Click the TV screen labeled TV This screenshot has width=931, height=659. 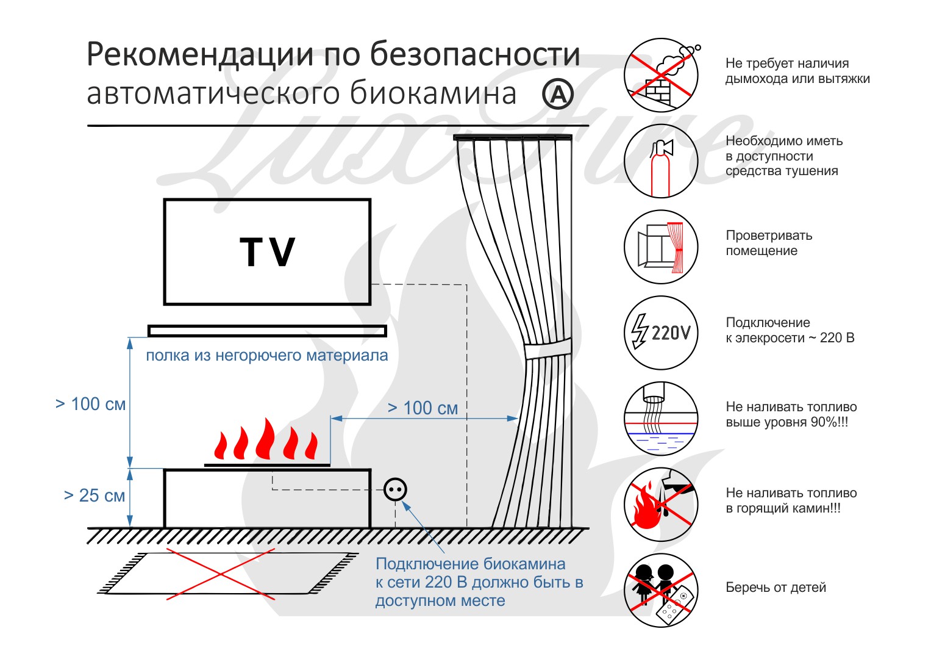[x=267, y=251]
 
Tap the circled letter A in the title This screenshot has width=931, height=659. [x=558, y=94]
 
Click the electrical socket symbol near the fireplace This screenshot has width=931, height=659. [x=395, y=489]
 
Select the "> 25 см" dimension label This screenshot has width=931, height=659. [x=95, y=495]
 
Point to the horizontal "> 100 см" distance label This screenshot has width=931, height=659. [x=423, y=408]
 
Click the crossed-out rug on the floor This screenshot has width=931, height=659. [x=227, y=573]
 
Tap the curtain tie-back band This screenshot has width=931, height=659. [x=548, y=349]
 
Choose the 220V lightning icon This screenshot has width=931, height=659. [x=661, y=333]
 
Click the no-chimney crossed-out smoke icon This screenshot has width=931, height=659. [x=661, y=75]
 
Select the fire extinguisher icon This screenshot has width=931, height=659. [x=661, y=161]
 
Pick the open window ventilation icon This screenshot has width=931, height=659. [x=661, y=247]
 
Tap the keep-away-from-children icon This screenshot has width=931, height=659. [x=661, y=590]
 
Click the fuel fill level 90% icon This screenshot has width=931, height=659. [x=661, y=419]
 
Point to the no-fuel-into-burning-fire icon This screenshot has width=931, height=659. [x=661, y=505]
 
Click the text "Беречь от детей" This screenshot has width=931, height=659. [x=776, y=588]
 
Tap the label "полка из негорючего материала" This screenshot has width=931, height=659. [x=266, y=355]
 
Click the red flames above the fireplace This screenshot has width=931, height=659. [x=266, y=441]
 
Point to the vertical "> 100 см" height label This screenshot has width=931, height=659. [x=90, y=404]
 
